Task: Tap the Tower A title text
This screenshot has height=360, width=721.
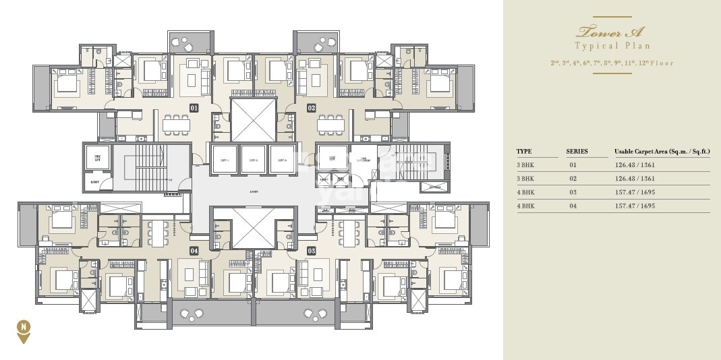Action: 612,31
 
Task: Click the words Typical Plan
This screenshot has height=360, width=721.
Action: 612,46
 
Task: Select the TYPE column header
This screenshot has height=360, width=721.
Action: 524,152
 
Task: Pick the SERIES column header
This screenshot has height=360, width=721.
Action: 577,152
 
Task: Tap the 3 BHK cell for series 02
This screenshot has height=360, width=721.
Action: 525,179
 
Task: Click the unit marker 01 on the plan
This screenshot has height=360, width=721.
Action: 194,107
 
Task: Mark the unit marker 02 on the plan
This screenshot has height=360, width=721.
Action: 312,107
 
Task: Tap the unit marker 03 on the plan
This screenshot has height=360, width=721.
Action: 312,251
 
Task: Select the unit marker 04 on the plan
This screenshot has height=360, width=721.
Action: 194,251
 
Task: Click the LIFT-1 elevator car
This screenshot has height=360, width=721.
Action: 223,159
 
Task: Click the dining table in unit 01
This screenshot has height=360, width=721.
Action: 176,124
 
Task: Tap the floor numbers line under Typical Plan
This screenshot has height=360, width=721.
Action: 612,63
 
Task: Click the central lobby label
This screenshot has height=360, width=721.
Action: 253,191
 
